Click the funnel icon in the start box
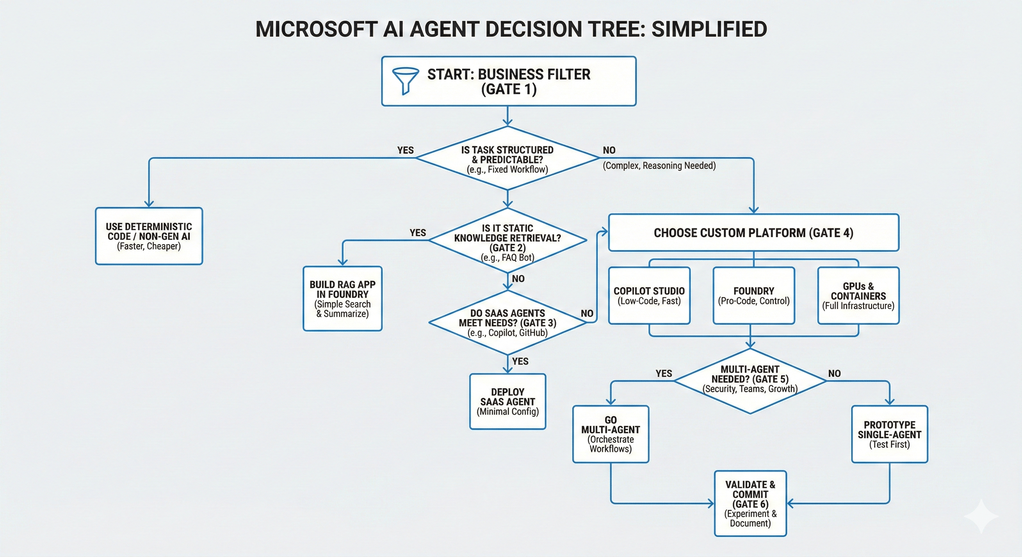405,81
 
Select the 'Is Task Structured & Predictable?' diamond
507,158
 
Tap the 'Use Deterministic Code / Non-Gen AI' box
149,236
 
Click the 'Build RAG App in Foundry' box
342,298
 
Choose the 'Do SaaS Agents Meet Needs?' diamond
507,323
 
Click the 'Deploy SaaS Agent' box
507,401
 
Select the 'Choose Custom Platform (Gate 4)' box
753,233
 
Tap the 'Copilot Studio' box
649,296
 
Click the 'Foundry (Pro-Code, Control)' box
753,296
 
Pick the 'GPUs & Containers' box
858,296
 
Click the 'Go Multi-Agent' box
610,434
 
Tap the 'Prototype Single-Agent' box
890,434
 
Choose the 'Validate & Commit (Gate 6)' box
750,503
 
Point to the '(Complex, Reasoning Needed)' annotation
659,166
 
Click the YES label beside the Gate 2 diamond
418,233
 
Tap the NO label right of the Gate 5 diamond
834,374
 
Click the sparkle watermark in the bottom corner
981,516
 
